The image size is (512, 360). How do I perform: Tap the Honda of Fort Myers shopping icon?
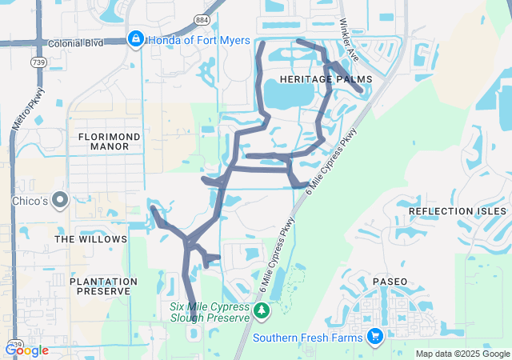135,40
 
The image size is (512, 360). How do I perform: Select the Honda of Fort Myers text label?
199,40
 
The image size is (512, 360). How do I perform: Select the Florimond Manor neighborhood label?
110,142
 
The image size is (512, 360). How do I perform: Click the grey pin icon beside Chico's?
59,199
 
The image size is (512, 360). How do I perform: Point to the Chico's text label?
29,199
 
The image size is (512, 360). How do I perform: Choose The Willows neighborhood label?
90,239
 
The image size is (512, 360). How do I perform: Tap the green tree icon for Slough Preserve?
261,310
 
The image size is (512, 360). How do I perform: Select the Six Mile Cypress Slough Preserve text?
210,311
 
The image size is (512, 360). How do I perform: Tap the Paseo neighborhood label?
390,282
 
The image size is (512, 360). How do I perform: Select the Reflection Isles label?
457,211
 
